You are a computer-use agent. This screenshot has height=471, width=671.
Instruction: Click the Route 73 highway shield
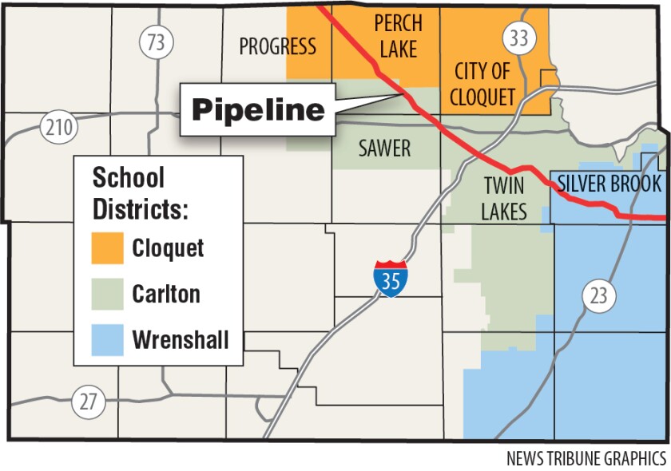coord(156,42)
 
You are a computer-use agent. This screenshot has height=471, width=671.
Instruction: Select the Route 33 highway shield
coord(518,39)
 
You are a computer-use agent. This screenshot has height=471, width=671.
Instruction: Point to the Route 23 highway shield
coord(598,296)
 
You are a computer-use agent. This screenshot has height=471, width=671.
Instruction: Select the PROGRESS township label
coord(278,46)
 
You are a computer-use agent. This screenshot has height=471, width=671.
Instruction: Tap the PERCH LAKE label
coord(397,36)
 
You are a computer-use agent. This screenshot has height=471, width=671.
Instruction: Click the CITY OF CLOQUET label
coord(483,83)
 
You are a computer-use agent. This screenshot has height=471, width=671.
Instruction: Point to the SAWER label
coord(384,148)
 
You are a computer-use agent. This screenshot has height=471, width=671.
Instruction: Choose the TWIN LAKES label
coord(504,199)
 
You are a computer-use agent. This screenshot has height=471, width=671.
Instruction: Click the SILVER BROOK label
coord(609,184)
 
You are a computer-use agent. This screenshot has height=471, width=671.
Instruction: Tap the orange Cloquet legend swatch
coord(107,247)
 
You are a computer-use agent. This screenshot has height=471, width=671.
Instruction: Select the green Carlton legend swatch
coord(107,294)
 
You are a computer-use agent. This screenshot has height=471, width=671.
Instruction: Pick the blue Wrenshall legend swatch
coord(107,340)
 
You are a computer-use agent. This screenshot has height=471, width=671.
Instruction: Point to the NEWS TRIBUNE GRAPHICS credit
coord(586,459)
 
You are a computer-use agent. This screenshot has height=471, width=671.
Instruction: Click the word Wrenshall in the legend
coord(181,340)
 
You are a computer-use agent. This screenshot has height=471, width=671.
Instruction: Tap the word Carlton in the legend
coord(166,294)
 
